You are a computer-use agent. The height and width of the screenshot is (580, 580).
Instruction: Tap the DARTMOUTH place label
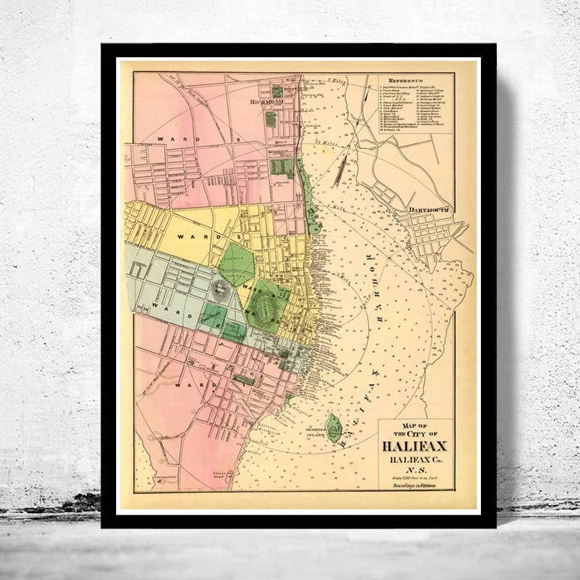(427, 210)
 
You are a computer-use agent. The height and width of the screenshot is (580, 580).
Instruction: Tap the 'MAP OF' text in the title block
(416, 425)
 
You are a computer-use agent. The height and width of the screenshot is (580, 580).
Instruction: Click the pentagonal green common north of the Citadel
(236, 263)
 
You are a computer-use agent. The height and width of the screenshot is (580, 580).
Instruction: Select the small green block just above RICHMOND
(276, 92)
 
